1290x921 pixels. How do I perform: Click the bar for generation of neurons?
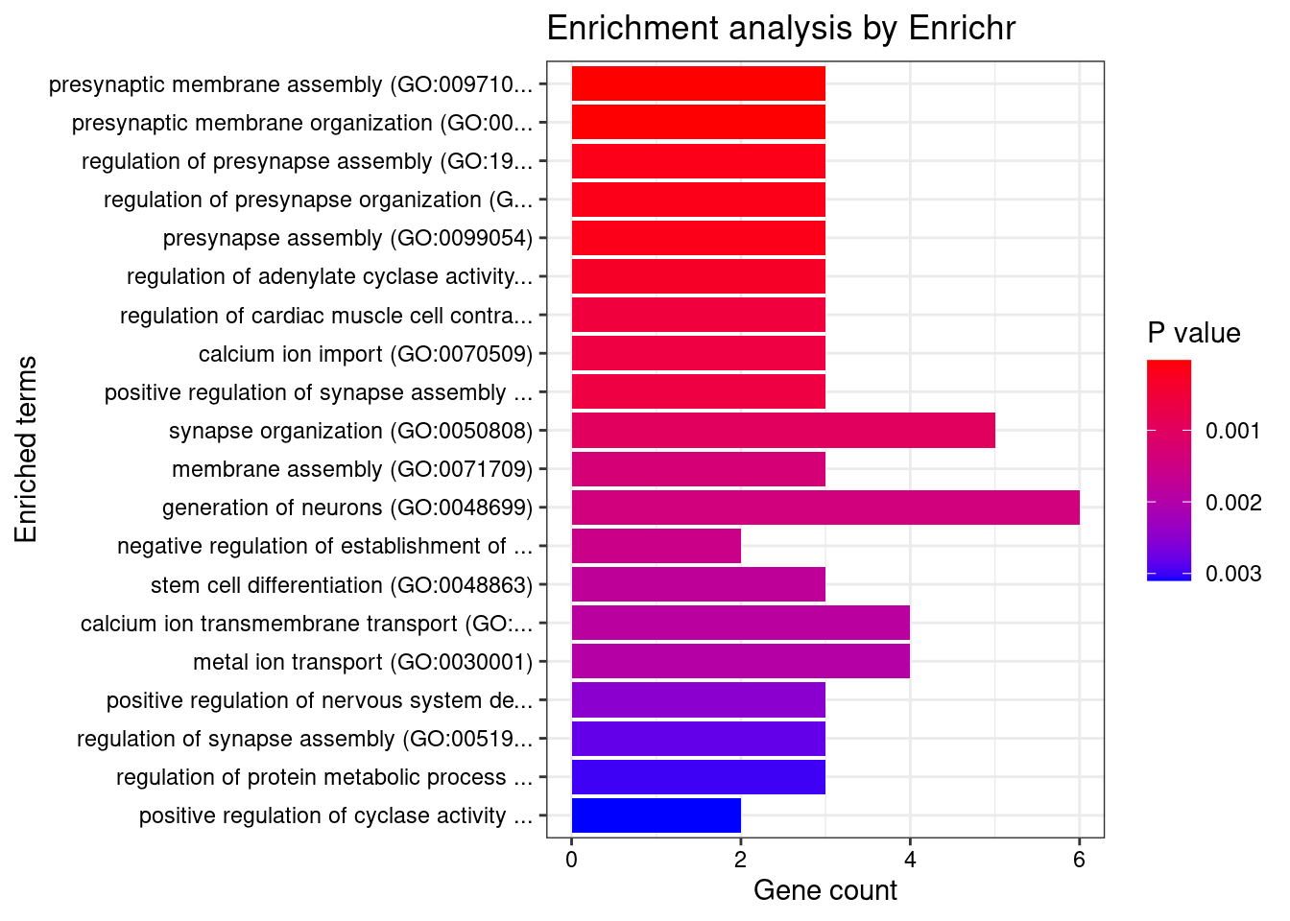[825, 508]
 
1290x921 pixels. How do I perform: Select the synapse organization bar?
[783, 431]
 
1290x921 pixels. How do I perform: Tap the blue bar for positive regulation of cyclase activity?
[657, 815]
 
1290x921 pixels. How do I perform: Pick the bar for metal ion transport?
[741, 662]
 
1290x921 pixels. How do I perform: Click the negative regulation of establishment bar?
[657, 546]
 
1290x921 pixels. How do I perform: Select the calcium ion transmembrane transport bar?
[741, 624]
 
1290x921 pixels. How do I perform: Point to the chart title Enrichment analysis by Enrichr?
[780, 29]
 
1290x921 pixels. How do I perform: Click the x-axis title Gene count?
[825, 890]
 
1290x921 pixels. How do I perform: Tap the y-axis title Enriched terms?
[27, 449]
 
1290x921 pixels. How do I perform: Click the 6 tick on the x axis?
[1079, 860]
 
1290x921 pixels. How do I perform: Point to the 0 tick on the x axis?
[572, 860]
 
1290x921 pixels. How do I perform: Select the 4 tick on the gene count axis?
[910, 860]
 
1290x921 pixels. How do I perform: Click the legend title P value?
[1194, 333]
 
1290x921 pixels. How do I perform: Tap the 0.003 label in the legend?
[1233, 574]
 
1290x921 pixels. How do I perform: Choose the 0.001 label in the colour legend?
[1233, 431]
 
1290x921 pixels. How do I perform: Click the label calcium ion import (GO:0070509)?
[365, 354]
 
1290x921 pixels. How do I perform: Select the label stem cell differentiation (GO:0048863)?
[341, 585]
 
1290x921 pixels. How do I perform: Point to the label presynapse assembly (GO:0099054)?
[347, 238]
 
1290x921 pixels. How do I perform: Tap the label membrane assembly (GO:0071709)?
[351, 469]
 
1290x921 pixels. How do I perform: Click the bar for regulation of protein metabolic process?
[699, 777]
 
